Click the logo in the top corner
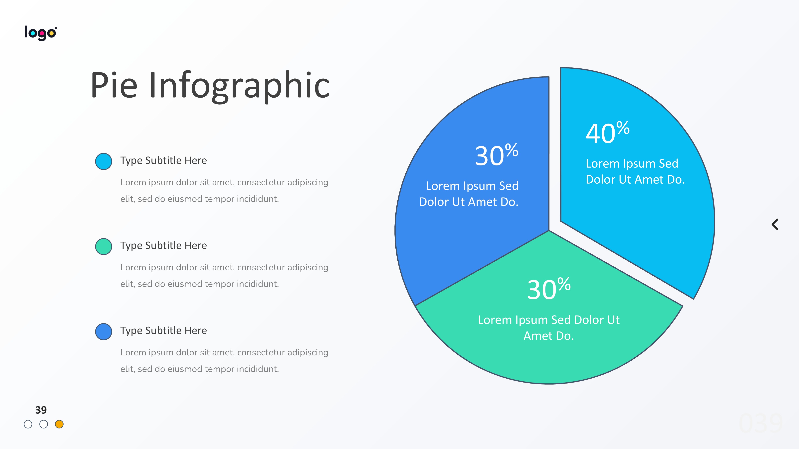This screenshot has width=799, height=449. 41,33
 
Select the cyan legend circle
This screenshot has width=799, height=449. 104,161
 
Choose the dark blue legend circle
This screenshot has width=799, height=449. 104,331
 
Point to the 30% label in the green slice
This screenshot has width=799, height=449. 549,289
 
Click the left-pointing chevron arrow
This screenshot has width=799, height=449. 775,224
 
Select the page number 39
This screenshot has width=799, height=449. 41,410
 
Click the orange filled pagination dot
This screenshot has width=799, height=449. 59,424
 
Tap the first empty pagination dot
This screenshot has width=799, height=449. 28,424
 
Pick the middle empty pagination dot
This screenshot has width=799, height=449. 44,424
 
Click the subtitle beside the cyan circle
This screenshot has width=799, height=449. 163,160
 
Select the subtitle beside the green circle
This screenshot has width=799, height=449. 163,245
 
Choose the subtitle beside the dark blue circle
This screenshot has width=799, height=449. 163,331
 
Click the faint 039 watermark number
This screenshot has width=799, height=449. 761,423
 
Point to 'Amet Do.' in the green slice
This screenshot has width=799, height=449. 549,336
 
